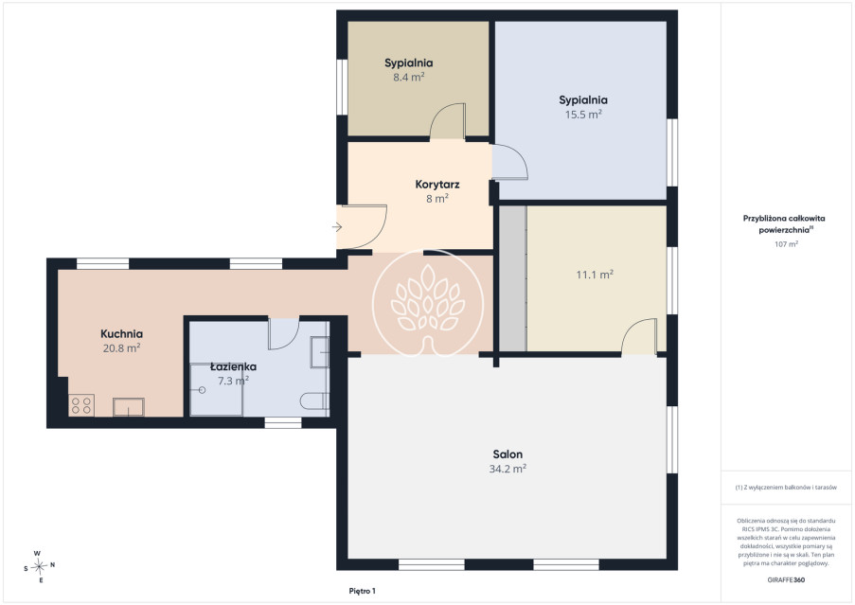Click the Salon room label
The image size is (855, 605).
pos(508,454)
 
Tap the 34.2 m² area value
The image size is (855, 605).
pos(508,469)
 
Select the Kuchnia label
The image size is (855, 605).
pos(121,333)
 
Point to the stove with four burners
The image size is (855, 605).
pos(81,405)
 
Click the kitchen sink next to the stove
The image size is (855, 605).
pos(129,407)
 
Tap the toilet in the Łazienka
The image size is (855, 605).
pos(314,400)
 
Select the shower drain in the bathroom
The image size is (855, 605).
pos(202,390)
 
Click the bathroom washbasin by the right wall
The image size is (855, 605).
pos(319,351)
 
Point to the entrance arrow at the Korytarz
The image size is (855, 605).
pos(337,226)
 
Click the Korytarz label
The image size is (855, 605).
pos(437,185)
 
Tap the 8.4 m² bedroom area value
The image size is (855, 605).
pos(409,78)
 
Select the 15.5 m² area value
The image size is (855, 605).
pos(583,115)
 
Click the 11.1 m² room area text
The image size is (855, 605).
pos(595,275)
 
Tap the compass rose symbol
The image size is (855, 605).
pos(39,567)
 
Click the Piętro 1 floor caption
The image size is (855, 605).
pos(362,591)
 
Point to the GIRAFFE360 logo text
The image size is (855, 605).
pos(786,580)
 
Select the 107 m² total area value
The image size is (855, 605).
pos(786,244)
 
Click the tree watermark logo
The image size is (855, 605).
pos(428,303)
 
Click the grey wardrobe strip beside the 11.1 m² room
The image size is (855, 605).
pos(513,278)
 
